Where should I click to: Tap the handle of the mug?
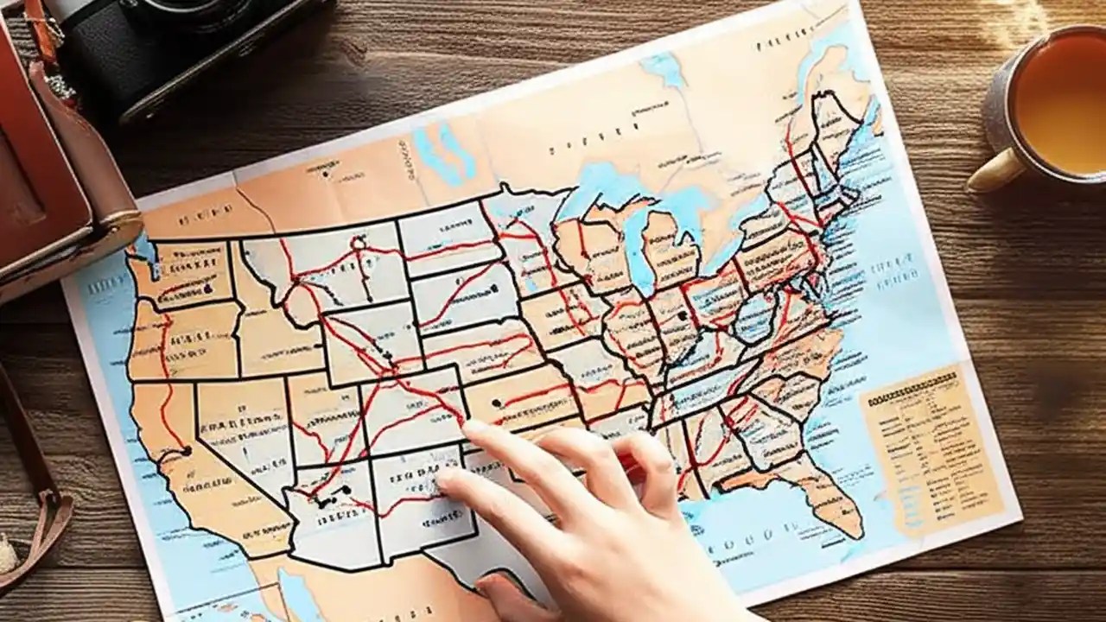(993, 173)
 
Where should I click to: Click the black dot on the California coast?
(186, 450)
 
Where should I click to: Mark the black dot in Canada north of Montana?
(325, 175)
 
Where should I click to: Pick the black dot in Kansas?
(496, 403)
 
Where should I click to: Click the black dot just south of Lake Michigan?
(682, 317)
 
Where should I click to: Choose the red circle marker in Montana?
(357, 244)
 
